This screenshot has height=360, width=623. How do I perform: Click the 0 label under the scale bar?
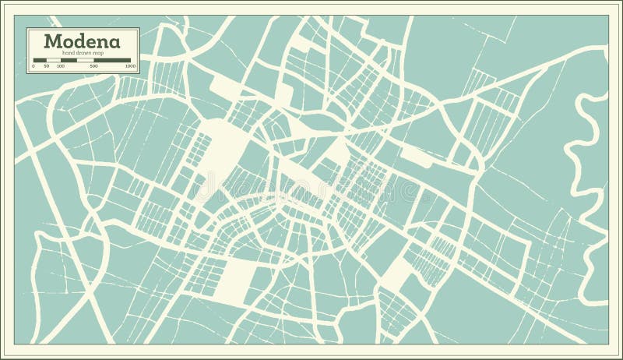coord(34,67)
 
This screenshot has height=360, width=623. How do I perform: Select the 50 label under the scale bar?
coord(47,67)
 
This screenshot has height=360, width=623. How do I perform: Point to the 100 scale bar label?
coord(61,67)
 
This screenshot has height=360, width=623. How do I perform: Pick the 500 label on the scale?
coord(93,67)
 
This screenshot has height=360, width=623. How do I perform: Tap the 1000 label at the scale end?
coord(130,67)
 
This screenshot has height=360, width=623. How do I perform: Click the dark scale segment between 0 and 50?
coord(40,60)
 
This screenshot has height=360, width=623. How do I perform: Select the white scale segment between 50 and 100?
coord(53,60)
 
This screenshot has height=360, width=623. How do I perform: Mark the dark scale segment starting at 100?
coord(68,60)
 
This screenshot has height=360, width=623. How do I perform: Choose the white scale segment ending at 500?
coord(85,60)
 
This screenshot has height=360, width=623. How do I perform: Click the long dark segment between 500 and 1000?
coord(113,60)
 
